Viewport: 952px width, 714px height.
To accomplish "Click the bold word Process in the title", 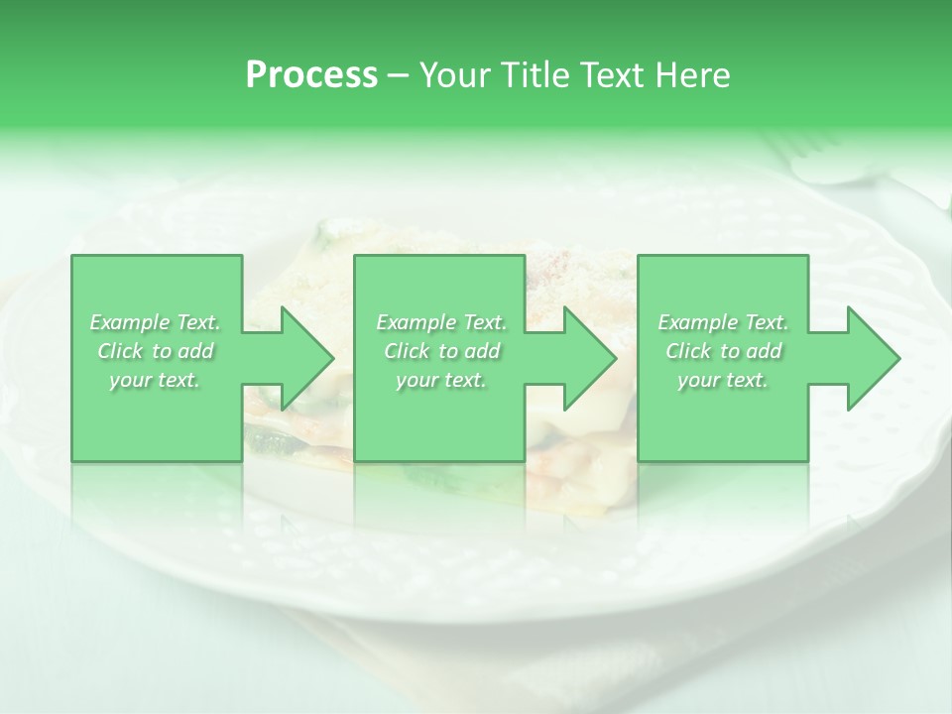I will coord(311,74).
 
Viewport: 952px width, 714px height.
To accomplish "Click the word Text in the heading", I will coord(611,74).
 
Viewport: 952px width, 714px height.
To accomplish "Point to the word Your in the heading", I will coord(456,74).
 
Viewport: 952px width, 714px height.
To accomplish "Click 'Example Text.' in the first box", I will coord(156,322).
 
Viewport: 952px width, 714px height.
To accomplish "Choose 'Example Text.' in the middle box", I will coord(441,322).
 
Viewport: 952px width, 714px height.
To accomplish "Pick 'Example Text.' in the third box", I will coord(723,322).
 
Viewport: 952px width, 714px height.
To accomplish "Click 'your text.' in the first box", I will coord(156,380).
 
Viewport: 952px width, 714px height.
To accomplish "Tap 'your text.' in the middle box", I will coord(441,380).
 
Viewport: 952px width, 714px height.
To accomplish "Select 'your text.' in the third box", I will coord(723,380).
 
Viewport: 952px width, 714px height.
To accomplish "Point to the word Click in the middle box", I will coord(407,351).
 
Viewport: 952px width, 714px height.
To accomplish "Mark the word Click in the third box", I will coord(688,351).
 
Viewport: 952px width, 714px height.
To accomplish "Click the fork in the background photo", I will coord(823,159).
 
